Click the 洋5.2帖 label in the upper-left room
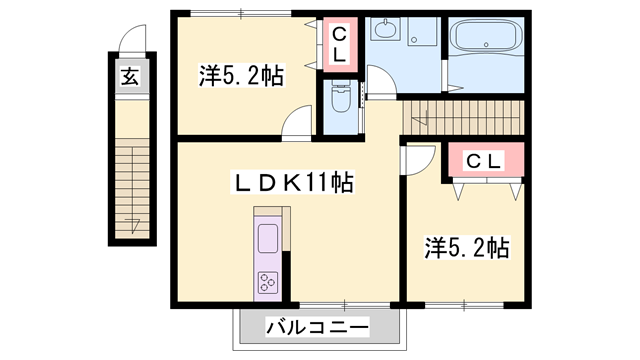click(x=240, y=75)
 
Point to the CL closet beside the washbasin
click(x=339, y=45)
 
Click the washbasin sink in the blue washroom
click(x=385, y=31)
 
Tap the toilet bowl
click(x=337, y=101)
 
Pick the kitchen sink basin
click(x=268, y=238)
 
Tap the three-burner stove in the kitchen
click(x=269, y=282)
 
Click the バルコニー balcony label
click(x=318, y=326)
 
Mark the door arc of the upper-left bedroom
click(x=296, y=123)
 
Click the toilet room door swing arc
click(x=379, y=80)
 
